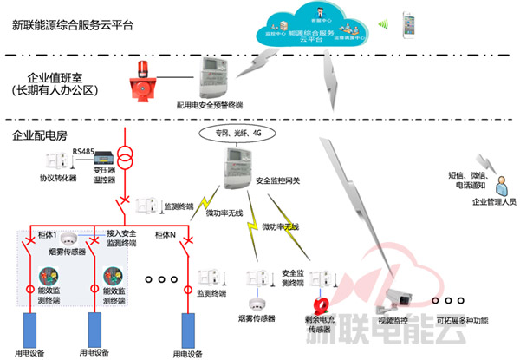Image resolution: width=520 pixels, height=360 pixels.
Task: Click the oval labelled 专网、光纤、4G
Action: [x=231, y=134]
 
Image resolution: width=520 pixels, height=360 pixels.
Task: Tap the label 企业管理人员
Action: [x=494, y=201]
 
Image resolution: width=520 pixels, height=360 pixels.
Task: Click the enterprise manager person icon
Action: [x=499, y=183]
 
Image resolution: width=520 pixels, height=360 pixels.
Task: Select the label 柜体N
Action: [x=166, y=235]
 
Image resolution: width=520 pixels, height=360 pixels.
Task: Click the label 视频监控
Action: [x=392, y=321]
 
